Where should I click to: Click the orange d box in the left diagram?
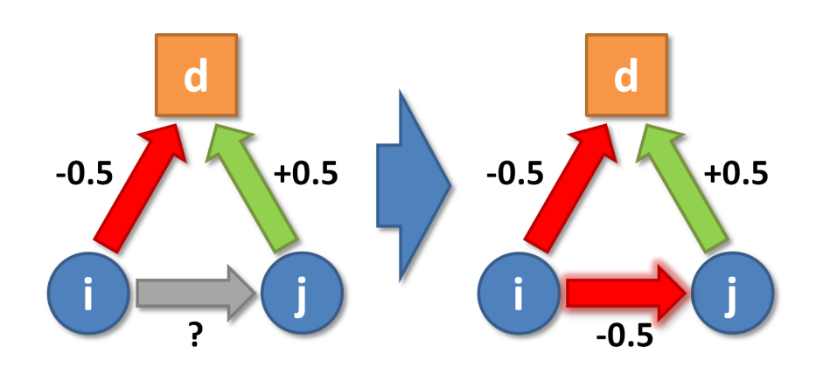click(196, 75)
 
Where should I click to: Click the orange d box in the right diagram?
click(625, 75)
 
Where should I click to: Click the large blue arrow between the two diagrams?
click(411, 184)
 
